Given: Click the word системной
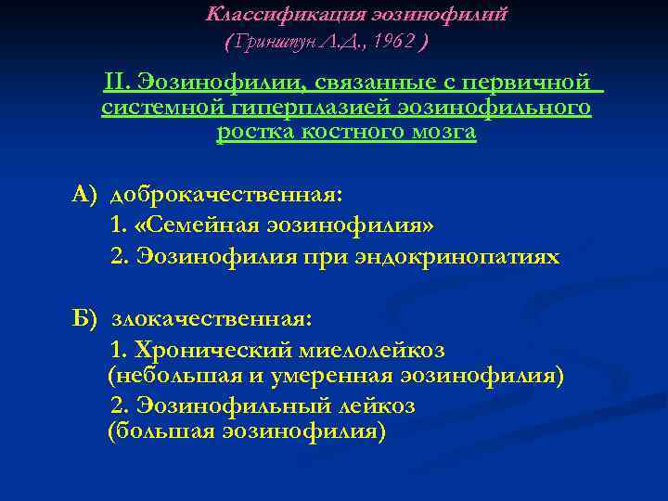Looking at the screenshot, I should (149, 109).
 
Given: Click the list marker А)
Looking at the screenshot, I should (85, 196).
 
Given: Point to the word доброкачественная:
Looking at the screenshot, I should (226, 196).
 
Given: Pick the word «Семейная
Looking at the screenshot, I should (194, 226).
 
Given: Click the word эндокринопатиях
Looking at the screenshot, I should (457, 256).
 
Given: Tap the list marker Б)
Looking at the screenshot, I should (85, 319).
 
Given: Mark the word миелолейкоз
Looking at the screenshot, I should (368, 351).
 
